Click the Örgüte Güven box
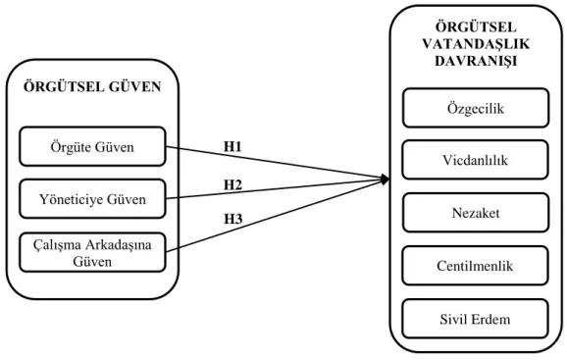pyautogui.click(x=92, y=146)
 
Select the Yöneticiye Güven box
pyautogui.click(x=92, y=199)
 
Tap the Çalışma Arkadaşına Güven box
pyautogui.click(x=92, y=252)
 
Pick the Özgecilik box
pyautogui.click(x=476, y=108)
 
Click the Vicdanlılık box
pyautogui.click(x=476, y=160)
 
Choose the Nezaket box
pyautogui.click(x=476, y=213)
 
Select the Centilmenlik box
pyautogui.click(x=475, y=266)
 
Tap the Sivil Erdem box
pyautogui.click(x=475, y=319)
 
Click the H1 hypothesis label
pyautogui.click(x=232, y=146)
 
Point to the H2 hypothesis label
pyautogui.click(x=232, y=184)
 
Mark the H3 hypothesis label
pyautogui.click(x=233, y=219)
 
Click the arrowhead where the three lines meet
pyautogui.click(x=385, y=179)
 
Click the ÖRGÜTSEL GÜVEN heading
pyautogui.click(x=92, y=86)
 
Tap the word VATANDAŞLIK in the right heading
pyautogui.click(x=476, y=44)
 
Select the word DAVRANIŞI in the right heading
pyautogui.click(x=476, y=61)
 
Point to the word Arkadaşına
pyautogui.click(x=119, y=246)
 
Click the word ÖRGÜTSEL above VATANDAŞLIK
pyautogui.click(x=476, y=27)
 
